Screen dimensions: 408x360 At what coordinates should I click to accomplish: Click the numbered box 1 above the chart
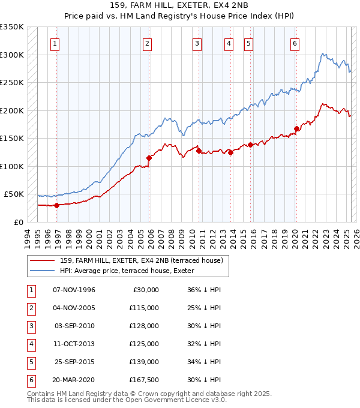[55, 43]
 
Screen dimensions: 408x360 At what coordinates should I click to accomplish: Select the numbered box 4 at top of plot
[229, 43]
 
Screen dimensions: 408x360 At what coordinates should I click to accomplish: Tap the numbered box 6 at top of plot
[295, 43]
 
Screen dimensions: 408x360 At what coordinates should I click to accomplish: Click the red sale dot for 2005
[149, 158]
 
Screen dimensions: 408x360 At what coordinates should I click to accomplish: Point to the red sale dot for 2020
[296, 128]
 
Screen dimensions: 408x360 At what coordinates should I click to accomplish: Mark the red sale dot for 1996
[57, 205]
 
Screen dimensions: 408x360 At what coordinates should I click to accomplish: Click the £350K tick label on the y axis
[12, 27]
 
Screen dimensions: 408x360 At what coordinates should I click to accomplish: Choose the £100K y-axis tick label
[12, 166]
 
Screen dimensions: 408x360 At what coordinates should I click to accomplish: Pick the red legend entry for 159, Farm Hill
[142, 260]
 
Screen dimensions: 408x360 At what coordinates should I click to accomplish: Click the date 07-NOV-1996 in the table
[74, 290]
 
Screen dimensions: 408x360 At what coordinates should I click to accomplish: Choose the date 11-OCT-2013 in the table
[74, 344]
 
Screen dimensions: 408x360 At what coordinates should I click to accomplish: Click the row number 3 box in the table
[30, 326]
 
